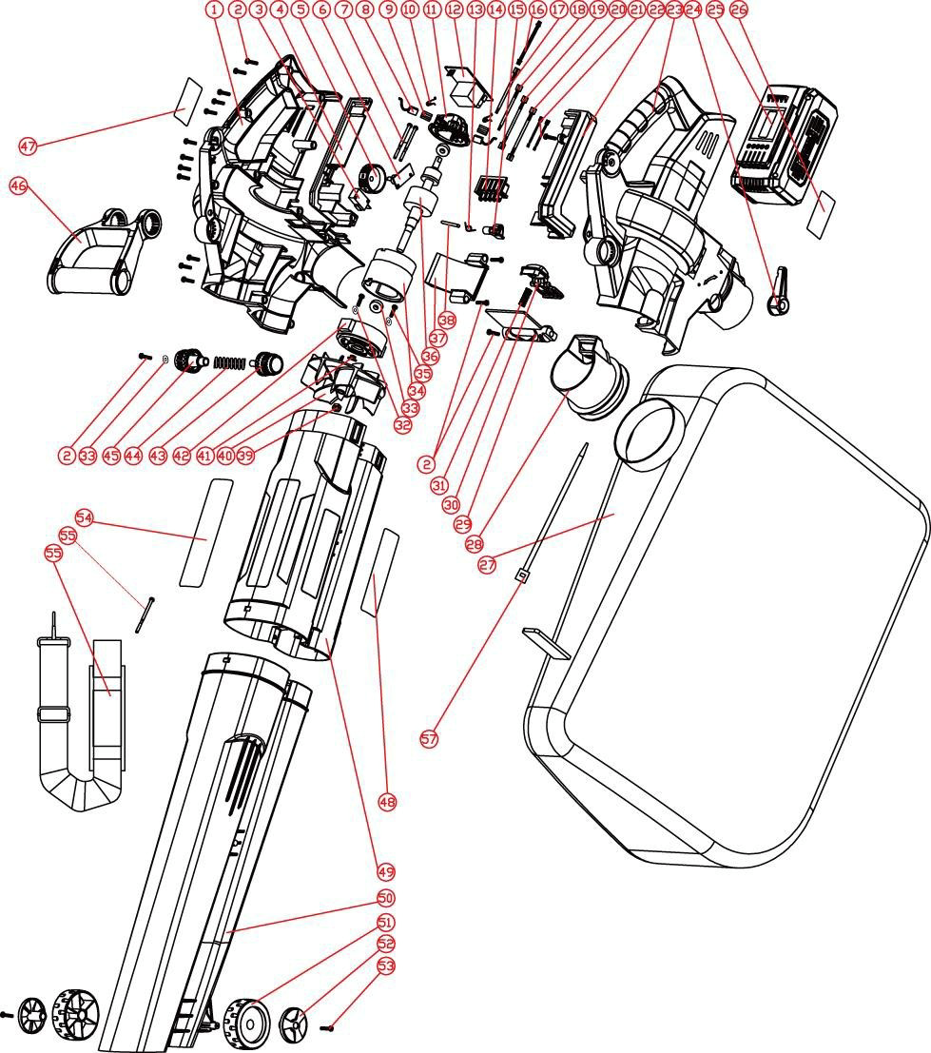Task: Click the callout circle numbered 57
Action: coord(429,738)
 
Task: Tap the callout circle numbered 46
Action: coord(18,185)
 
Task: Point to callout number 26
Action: coord(739,10)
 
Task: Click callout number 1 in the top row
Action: coord(215,10)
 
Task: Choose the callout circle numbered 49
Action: coord(385,870)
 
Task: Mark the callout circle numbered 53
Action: coord(385,965)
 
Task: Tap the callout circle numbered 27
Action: coord(488,565)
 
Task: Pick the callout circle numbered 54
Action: coord(85,517)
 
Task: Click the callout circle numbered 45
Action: coord(111,456)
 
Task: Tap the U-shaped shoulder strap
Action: coord(81,723)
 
